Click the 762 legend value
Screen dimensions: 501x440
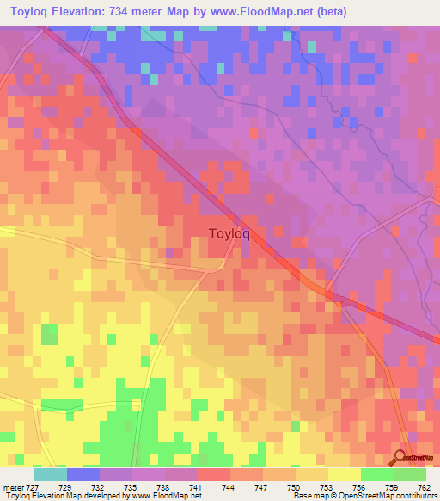pyautogui.click(x=425, y=487)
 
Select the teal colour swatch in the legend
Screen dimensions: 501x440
pyautogui.click(x=51, y=474)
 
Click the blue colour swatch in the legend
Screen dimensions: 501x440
pyautogui.click(x=83, y=474)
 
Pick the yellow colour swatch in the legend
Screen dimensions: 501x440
pyautogui.click(x=344, y=474)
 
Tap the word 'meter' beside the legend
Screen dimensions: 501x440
pyautogui.click(x=13, y=487)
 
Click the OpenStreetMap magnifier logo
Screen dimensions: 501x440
pyautogui.click(x=401, y=455)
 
